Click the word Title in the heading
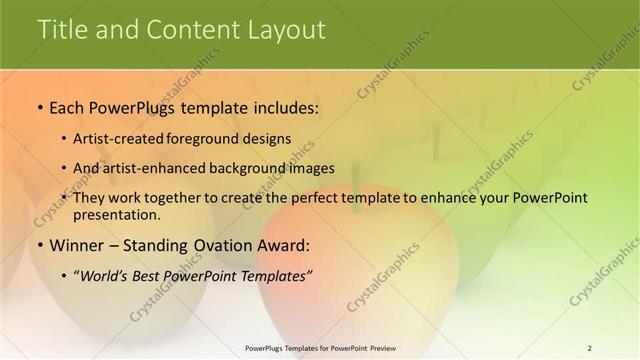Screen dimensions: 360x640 (x=61, y=30)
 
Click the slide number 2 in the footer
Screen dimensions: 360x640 (x=589, y=348)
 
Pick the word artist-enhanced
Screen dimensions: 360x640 (x=150, y=168)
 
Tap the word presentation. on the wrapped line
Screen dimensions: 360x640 (x=116, y=214)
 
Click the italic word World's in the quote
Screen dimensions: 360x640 (x=106, y=275)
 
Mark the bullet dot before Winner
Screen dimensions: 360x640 (x=39, y=245)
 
